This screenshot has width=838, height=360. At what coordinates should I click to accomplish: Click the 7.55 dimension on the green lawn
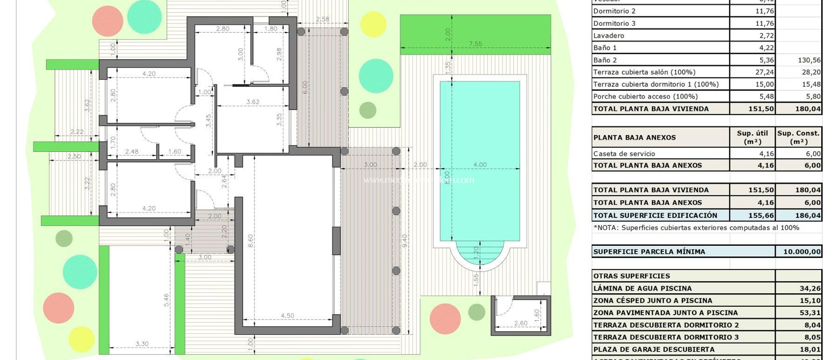pos(475,44)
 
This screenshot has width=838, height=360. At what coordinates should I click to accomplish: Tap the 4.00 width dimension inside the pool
pos(480,164)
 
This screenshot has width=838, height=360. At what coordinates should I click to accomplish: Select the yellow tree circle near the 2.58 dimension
pos(373,24)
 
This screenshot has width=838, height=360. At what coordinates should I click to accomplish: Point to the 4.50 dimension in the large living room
pos(287,315)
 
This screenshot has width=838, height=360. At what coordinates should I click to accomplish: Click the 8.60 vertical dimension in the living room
pos(250,241)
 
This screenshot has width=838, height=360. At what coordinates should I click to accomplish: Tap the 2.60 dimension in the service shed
pos(520,323)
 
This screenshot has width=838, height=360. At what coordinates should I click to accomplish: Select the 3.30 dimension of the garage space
pos(142,344)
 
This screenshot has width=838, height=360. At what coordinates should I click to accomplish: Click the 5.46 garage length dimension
pos(166,300)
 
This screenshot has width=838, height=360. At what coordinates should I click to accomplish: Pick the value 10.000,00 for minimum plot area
pos(802,252)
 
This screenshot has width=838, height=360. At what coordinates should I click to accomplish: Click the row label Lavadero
pos(608,36)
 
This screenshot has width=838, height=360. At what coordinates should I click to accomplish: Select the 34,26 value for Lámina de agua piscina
pos(810,288)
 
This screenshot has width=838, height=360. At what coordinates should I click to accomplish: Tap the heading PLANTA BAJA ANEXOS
pos(634,137)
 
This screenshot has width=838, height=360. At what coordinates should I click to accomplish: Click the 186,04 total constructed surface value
pos(808,216)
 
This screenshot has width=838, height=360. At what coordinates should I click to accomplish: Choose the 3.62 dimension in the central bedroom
pos(252,102)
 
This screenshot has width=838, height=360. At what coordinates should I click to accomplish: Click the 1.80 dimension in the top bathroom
pos(270,29)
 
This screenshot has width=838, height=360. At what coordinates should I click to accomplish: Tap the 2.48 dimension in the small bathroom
pos(132,151)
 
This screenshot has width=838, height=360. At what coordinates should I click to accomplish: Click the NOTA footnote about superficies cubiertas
pos(696,228)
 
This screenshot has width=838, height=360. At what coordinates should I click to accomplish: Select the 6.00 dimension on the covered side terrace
pos(305,87)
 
